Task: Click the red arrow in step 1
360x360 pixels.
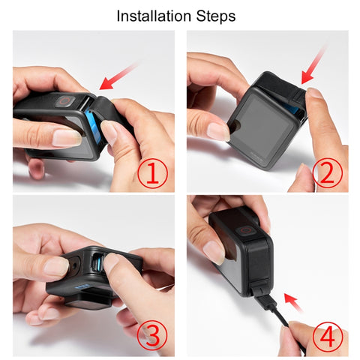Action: point(118,76)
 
